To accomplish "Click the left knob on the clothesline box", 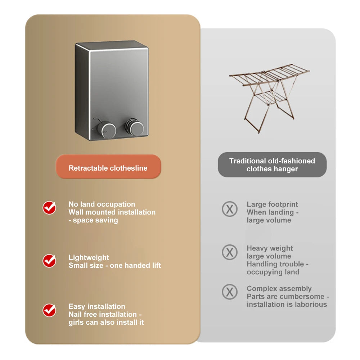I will click(x=107, y=128).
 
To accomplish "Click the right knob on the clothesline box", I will click(x=136, y=127).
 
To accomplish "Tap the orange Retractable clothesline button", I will click(x=108, y=168).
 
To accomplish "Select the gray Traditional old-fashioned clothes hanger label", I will click(x=272, y=165).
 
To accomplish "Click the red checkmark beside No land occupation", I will click(x=49, y=208).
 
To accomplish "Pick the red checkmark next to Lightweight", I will click(x=49, y=261).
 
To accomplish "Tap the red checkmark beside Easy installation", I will click(x=49, y=310).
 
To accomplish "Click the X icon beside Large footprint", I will click(x=229, y=209).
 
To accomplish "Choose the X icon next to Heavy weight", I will click(x=229, y=252).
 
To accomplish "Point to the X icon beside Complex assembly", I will click(x=229, y=292).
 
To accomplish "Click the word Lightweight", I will click(x=89, y=257).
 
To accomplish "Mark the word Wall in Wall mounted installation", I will click(x=76, y=212).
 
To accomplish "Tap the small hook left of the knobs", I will click(x=95, y=120).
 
